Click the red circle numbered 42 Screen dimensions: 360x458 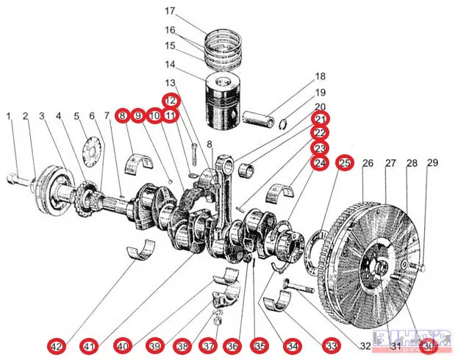tap(56, 345)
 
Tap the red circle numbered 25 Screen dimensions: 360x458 tap(344, 163)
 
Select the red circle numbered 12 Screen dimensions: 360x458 tap(171, 100)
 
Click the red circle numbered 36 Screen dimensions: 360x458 tap(232, 345)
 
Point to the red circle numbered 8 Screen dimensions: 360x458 tap(122, 115)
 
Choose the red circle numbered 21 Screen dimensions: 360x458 tap(321, 119)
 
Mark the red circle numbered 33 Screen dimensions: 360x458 tap(332, 345)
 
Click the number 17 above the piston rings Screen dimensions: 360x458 tap(171, 12)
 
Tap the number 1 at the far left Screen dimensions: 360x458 tap(9, 116)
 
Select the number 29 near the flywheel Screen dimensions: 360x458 tap(432, 162)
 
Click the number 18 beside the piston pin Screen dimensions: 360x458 tap(321, 76)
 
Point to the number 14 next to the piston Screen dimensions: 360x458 tap(171, 64)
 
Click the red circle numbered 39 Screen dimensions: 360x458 tap(154, 345)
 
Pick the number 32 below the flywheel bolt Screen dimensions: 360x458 tap(365, 345)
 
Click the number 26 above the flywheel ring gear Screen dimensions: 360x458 tap(368, 162)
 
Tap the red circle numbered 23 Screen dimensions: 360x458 tap(321, 148)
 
